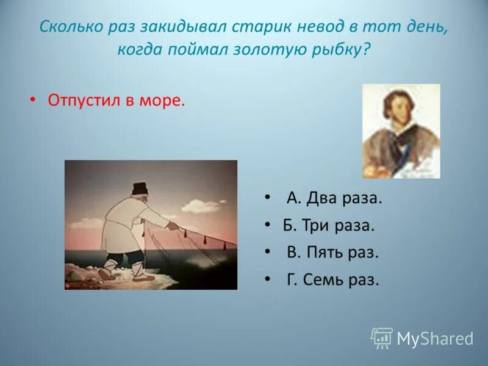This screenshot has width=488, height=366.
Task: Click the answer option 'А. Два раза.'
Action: click(334, 198)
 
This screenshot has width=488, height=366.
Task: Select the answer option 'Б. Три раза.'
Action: click(329, 225)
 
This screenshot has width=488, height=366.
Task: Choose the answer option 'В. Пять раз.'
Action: click(332, 253)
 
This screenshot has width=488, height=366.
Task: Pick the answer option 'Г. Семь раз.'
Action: click(332, 279)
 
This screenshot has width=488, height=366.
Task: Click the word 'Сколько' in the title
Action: click(71, 27)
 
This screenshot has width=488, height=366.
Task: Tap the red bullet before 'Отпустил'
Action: click(32, 101)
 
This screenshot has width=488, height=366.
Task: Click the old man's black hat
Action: click(140, 188)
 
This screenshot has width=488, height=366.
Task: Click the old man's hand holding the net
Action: click(173, 226)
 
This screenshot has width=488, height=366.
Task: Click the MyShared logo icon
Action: click(382, 339)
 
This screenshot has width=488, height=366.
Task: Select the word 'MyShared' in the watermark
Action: click(435, 339)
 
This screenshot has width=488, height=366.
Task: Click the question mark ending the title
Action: click(367, 49)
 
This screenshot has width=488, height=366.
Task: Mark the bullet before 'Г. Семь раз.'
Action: click(267, 279)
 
